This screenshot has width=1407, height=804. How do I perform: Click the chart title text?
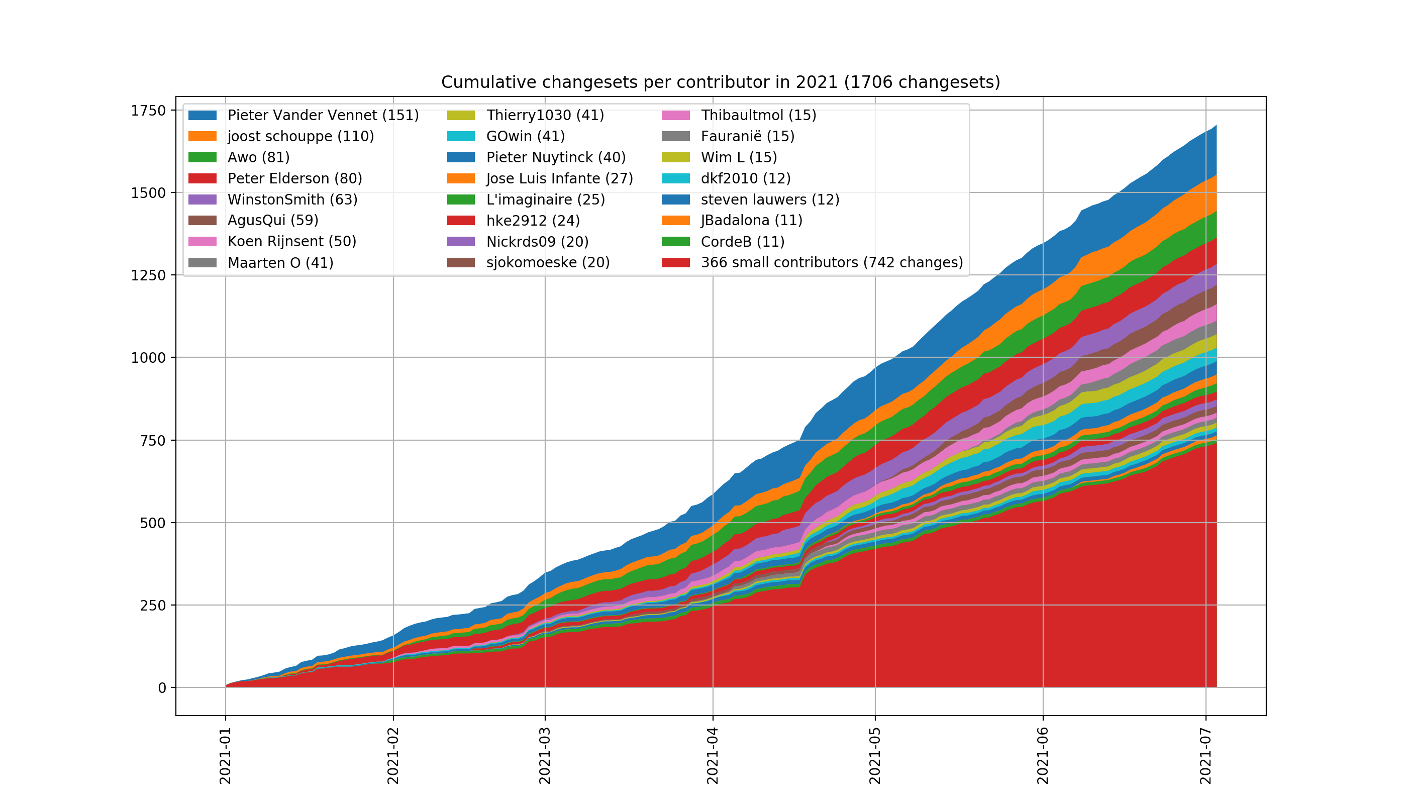point(720,82)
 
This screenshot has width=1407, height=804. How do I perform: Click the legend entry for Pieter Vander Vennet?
point(323,116)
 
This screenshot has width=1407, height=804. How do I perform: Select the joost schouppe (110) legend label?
point(300,136)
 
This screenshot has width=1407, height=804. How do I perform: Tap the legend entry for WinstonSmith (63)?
point(292,199)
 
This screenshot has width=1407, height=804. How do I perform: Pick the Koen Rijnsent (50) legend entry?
point(291,241)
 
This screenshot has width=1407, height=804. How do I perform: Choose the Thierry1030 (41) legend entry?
point(545,116)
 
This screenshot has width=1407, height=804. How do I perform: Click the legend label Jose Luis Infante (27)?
point(559,178)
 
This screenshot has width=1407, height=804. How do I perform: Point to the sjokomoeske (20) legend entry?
point(547,262)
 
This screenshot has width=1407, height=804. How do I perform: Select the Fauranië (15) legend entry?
point(747,136)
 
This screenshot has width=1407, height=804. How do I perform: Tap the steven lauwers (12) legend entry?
point(770,199)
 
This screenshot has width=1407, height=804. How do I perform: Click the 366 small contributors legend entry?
point(831,262)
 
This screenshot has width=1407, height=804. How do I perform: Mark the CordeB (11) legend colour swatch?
point(675,241)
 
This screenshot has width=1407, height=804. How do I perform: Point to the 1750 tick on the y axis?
point(148,111)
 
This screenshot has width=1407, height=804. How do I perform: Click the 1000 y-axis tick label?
point(148,358)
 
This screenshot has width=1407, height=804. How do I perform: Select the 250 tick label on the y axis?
point(152,605)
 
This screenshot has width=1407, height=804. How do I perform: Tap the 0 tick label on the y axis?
point(162,688)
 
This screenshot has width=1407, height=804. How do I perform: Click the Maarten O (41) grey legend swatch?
point(202,262)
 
